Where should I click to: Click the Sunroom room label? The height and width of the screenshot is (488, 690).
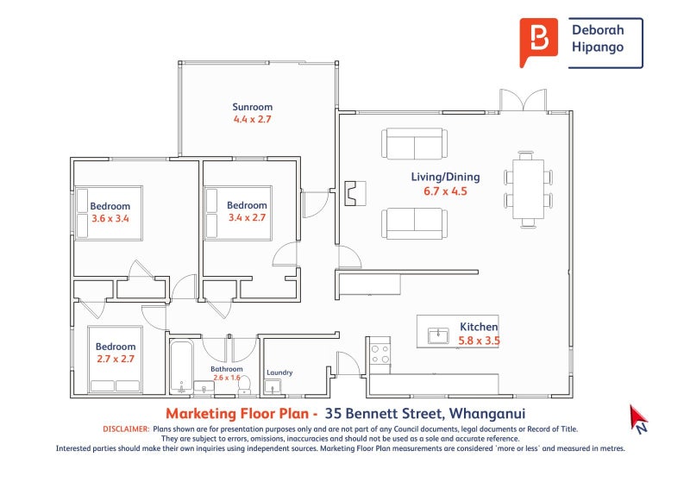pos(252,107)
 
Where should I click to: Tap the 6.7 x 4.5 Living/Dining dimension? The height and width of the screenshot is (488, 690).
pos(445,191)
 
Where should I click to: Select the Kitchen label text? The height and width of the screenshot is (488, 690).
pos(479,327)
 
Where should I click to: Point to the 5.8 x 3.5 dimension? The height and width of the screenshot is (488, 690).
pos(480,341)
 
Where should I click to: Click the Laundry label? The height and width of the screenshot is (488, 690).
pos(279,372)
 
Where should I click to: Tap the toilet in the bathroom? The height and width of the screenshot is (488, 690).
pos(243,382)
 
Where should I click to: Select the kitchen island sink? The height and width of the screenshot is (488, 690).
pos(437,334)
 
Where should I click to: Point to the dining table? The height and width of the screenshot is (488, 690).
pos(528,187)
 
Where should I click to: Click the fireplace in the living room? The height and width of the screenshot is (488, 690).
pos(354,193)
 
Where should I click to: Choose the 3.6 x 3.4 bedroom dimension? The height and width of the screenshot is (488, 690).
pos(110,218)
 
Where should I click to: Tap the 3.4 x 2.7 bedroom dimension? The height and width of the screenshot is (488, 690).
pos(247,218)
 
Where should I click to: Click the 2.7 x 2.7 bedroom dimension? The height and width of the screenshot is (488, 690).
pos(116,358)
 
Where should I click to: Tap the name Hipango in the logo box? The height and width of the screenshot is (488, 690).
pos(597,48)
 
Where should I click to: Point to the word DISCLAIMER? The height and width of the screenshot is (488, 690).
pos(126,429)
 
